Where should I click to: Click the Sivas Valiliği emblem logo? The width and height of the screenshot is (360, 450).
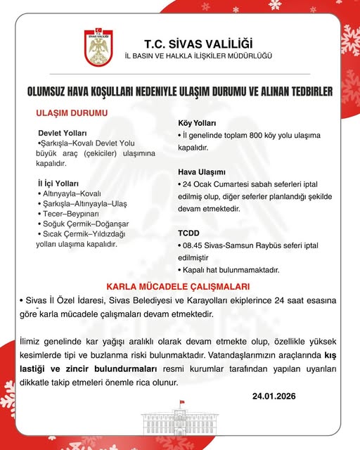click(98, 48)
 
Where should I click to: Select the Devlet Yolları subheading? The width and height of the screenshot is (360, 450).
click(62, 133)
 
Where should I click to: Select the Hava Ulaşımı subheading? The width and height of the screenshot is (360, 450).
click(201, 172)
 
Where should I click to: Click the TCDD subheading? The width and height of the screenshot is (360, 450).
click(190, 233)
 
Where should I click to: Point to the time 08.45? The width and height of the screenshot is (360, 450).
click(193, 245)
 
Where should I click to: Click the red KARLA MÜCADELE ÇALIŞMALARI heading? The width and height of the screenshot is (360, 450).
click(179, 287)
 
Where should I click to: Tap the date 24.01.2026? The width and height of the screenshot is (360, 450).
click(274, 396)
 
